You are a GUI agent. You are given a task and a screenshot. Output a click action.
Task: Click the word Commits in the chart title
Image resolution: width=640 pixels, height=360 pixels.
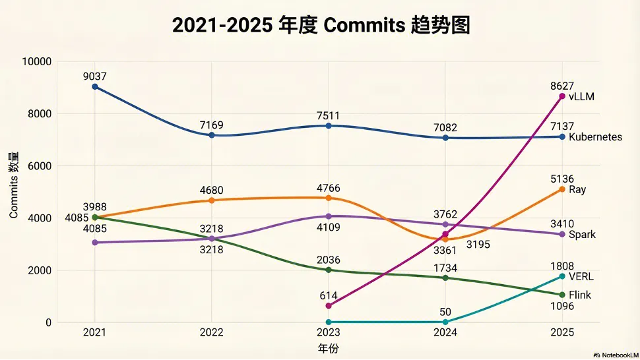pyautogui.click(x=364, y=25)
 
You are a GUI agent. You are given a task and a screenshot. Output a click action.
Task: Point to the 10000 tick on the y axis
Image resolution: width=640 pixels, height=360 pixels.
pyautogui.click(x=37, y=61)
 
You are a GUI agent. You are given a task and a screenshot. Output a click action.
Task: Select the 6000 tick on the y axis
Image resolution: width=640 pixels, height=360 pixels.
pyautogui.click(x=40, y=166)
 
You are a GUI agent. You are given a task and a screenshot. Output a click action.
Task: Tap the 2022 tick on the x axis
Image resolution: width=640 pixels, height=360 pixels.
pyautogui.click(x=211, y=332)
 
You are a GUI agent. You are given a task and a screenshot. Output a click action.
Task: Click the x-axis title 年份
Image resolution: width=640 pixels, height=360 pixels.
pyautogui.click(x=328, y=349)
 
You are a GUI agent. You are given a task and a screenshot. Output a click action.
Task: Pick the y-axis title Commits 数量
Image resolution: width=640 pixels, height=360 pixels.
pyautogui.click(x=13, y=185)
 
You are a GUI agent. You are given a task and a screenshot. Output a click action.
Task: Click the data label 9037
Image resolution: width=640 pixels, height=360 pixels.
pyautogui.click(x=95, y=76)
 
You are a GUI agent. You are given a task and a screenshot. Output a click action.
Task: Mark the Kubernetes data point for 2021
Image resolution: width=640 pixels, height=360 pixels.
pyautogui.click(x=95, y=86)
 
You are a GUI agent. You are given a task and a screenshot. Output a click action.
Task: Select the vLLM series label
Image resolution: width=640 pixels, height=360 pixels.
pyautogui.click(x=581, y=97)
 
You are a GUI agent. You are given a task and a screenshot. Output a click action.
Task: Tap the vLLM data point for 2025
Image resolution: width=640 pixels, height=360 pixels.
pyautogui.click(x=562, y=96)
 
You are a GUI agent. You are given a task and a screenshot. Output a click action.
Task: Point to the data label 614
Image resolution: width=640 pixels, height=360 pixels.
pyautogui.click(x=329, y=295)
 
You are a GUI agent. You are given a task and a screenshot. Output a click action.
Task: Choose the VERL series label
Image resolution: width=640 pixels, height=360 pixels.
pyautogui.click(x=581, y=276)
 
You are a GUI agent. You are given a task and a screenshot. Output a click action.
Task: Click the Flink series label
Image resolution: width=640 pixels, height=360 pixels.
pyautogui.click(x=580, y=295)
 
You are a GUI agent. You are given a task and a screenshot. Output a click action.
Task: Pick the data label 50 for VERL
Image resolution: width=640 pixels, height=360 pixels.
pyautogui.click(x=445, y=312)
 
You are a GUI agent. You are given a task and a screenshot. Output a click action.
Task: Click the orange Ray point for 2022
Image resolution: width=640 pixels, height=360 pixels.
pyautogui.click(x=211, y=200)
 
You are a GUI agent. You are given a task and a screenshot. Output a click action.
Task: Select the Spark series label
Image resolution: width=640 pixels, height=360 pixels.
pyautogui.click(x=582, y=235)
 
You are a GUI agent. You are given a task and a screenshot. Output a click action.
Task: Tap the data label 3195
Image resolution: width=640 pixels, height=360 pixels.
pyautogui.click(x=478, y=244)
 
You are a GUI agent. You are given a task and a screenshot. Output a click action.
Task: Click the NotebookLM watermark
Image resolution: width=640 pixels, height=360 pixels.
pyautogui.click(x=616, y=355)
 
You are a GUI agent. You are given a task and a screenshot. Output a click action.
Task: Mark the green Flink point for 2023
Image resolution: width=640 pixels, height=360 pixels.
pyautogui.click(x=329, y=270)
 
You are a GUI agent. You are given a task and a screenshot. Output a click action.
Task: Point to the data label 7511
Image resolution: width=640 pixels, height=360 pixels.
pyautogui.click(x=328, y=116)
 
